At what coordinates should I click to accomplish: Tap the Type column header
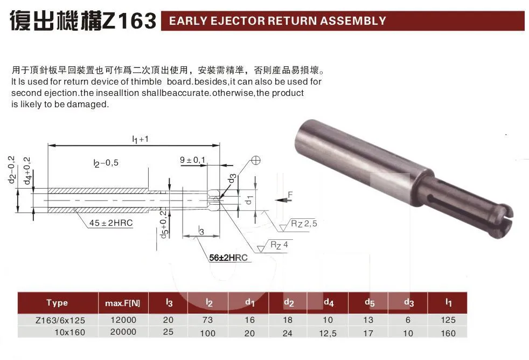tap(57, 303)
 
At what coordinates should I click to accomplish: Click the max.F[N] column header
tap(120, 303)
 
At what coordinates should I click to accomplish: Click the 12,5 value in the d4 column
tap(328, 333)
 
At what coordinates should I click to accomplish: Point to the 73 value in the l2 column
tap(208, 320)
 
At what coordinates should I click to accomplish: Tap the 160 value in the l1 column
tap(448, 333)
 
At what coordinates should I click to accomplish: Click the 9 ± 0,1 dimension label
tap(192, 160)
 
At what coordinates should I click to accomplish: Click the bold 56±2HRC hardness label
tap(228, 258)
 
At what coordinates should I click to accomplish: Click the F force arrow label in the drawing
tap(289, 195)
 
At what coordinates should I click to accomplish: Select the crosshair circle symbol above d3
tap(255, 160)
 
